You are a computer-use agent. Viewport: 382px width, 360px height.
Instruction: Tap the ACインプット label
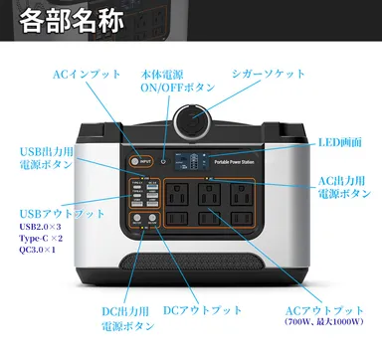[85, 75]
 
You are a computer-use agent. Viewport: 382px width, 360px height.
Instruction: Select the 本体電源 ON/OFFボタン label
[178, 81]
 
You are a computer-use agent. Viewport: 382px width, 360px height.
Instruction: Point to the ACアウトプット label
[323, 310]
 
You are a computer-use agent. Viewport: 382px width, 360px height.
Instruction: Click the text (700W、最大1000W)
[323, 322]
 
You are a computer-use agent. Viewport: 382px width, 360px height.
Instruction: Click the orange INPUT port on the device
[133, 161]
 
